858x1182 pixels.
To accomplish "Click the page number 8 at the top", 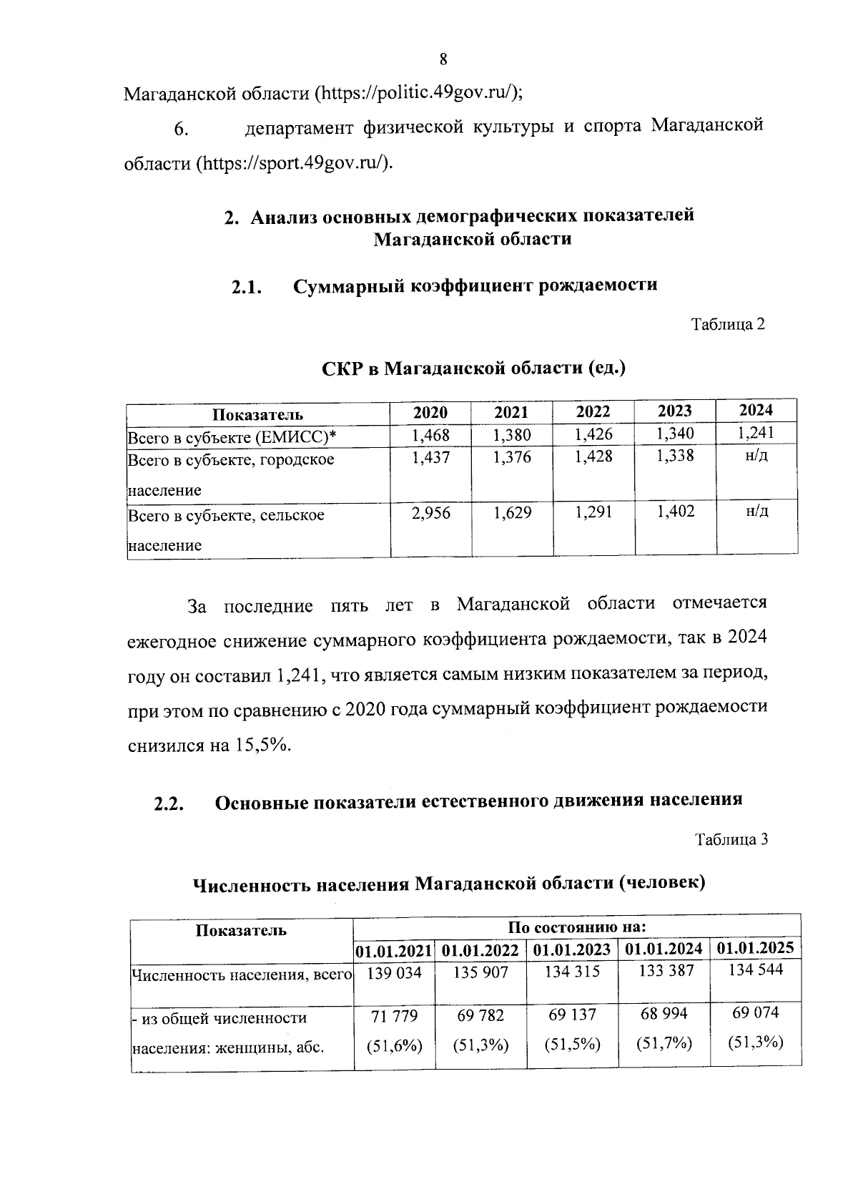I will coord(443,59).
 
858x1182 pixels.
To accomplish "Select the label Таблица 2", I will coord(728,324).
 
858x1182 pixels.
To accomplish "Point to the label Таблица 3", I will coord(732,839).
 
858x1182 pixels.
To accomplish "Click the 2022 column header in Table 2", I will coord(593,411).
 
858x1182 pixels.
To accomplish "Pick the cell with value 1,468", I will coord(430,434).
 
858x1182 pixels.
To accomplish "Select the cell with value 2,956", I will coord(430,513).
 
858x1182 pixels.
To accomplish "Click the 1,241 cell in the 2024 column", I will coord(756,432).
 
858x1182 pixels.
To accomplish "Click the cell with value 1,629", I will coord(512,513).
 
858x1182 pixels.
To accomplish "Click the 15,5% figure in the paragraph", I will coord(260,746).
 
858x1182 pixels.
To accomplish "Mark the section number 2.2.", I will coord(169,804).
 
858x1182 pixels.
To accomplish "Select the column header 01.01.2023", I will coord(572,950).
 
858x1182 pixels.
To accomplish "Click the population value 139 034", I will coord(394,973).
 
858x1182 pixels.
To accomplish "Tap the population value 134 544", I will coord(755,970).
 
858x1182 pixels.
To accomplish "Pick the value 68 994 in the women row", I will coord(664,1014).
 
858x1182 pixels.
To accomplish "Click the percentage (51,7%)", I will coord(664,1044).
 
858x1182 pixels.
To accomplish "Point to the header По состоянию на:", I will coord(576,927).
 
